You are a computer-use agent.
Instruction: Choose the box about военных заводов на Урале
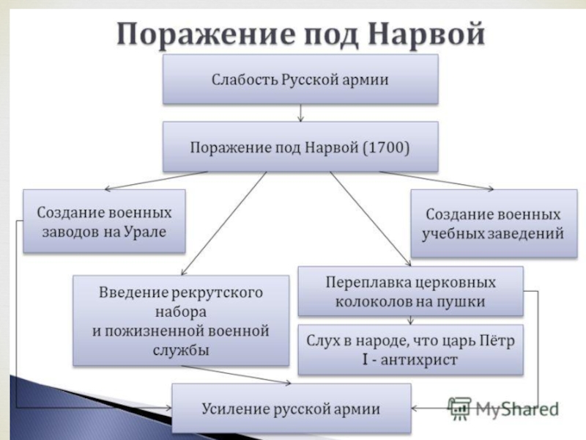[103, 221]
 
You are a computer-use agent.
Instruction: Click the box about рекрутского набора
[180, 320]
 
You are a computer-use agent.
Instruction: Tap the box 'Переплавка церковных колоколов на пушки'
[410, 291]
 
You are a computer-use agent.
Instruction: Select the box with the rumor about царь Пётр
[410, 350]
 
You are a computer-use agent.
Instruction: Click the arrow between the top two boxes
[300, 112]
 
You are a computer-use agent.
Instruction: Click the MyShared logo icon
[459, 407]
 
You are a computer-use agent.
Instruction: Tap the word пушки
[464, 301]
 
